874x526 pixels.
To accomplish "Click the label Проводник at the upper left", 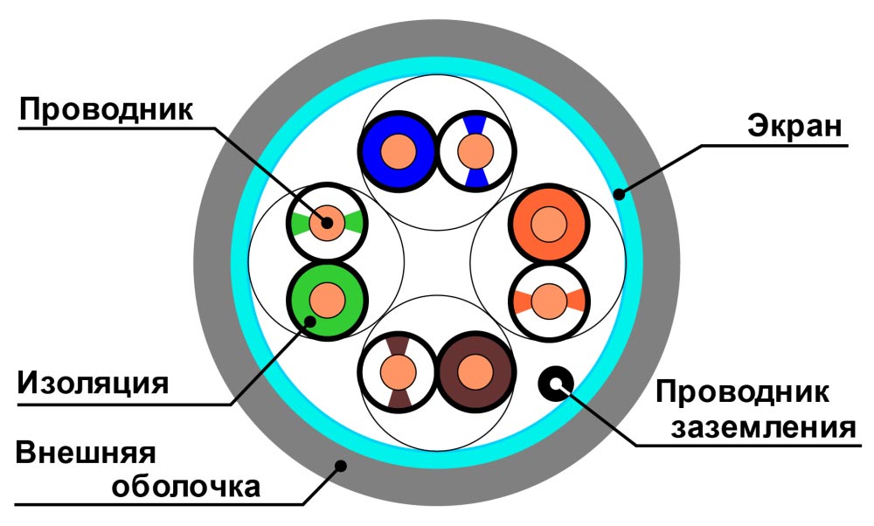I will click(106, 111).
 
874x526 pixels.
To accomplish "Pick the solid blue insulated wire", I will click(385, 150).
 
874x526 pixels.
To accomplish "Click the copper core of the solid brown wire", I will click(474, 370).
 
